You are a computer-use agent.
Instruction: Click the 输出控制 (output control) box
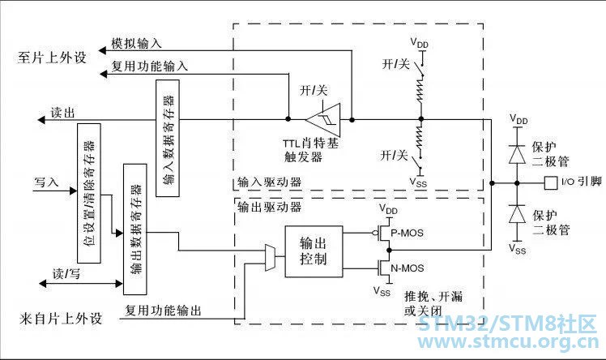pyautogui.click(x=314, y=251)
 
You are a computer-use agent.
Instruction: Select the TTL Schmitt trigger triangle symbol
pyautogui.click(x=324, y=119)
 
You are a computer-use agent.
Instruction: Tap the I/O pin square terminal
pyautogui.click(x=551, y=183)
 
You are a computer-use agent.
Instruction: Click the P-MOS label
pyautogui.click(x=407, y=234)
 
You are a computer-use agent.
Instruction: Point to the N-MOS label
pyautogui.click(x=408, y=268)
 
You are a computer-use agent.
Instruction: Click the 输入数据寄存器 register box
pyautogui.click(x=168, y=138)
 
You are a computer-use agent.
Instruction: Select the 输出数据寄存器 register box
pyautogui.click(x=134, y=229)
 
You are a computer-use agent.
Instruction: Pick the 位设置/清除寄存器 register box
pyautogui.click(x=89, y=193)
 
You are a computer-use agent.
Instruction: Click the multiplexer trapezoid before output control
pyautogui.click(x=270, y=258)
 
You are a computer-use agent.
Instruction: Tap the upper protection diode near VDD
pyautogui.click(x=517, y=154)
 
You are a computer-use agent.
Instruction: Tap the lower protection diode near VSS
pyautogui.click(x=517, y=214)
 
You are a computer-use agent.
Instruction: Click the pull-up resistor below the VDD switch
pyautogui.click(x=420, y=89)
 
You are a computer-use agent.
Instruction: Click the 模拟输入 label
pyautogui.click(x=136, y=43)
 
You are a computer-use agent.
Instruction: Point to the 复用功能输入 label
pyautogui.click(x=150, y=66)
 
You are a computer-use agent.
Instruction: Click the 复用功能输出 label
pyautogui.click(x=163, y=310)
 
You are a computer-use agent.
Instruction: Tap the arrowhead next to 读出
pyautogui.click(x=41, y=120)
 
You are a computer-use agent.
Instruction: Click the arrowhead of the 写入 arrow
pyautogui.click(x=73, y=191)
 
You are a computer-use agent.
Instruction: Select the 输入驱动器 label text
pyautogui.click(x=269, y=182)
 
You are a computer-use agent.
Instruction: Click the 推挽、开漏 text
pyautogui.click(x=433, y=297)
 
